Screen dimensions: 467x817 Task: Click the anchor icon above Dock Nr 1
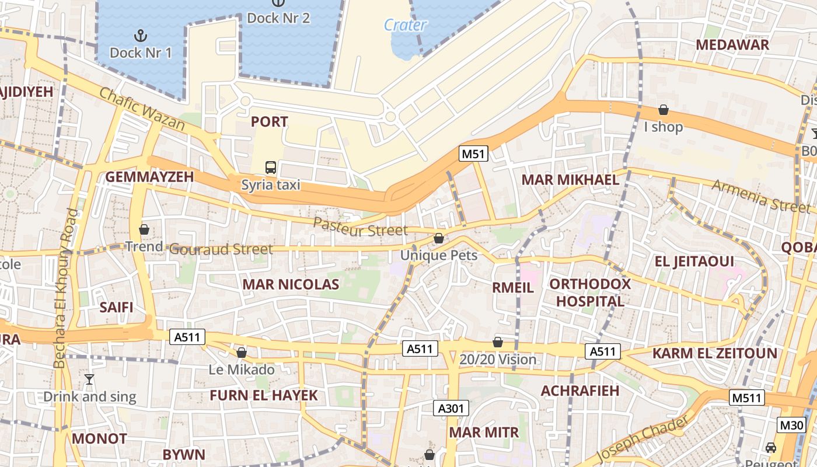[140, 35]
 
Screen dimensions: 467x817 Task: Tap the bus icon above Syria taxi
[271, 168]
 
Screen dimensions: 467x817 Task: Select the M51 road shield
[473, 154]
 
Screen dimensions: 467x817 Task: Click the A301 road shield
[451, 408]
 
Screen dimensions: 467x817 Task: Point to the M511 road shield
[747, 398]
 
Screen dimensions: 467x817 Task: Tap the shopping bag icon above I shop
[664, 110]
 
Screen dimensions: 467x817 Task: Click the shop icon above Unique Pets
[439, 238]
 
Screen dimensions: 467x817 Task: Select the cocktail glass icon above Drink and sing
[89, 379]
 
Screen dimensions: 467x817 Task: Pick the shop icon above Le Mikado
[242, 353]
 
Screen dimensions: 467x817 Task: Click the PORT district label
[269, 122]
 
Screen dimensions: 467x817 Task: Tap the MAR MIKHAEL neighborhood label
[570, 180]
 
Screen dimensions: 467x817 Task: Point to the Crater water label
[405, 25]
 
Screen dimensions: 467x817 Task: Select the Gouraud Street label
[221, 250]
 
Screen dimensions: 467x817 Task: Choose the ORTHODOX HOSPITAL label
[590, 293]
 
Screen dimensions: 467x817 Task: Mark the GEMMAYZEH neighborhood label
[149, 177]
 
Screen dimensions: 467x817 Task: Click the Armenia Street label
[761, 196]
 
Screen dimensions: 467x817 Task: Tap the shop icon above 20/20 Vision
[498, 342]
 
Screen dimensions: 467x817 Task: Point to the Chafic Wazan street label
[142, 109]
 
